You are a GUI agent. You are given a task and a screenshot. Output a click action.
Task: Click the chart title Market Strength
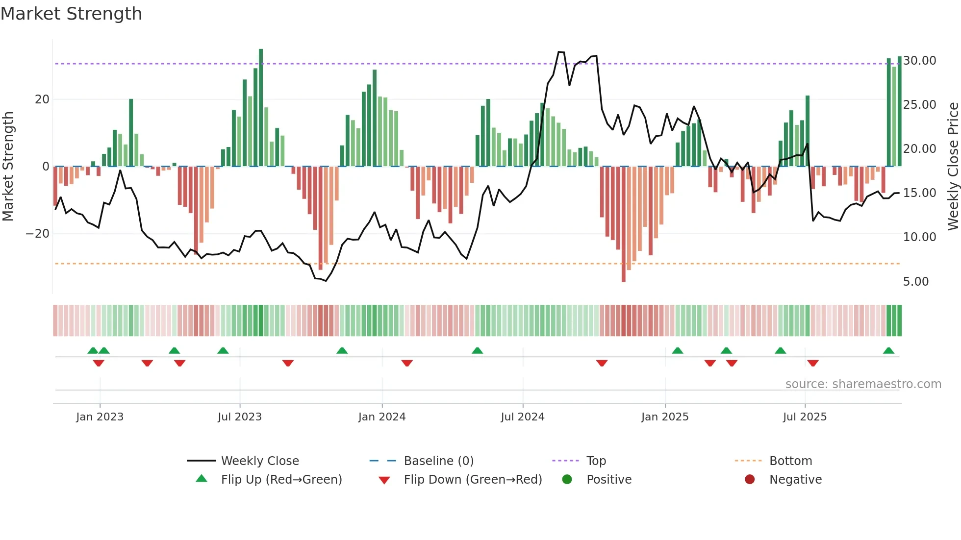(x=71, y=14)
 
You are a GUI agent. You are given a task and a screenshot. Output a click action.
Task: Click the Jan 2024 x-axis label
(x=382, y=417)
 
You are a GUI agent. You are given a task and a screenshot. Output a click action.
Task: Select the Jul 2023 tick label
(x=240, y=417)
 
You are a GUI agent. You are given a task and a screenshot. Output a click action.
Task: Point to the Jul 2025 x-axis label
(x=805, y=417)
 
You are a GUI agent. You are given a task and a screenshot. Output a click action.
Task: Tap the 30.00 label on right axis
(x=919, y=61)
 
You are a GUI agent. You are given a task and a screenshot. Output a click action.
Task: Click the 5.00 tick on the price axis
(x=915, y=282)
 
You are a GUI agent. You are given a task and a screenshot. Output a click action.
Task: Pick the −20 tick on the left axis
(x=38, y=234)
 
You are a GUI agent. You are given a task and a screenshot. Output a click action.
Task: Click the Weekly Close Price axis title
(x=953, y=166)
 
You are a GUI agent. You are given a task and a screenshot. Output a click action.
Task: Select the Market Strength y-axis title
(x=8, y=166)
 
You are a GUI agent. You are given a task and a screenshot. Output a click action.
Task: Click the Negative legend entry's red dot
(x=750, y=479)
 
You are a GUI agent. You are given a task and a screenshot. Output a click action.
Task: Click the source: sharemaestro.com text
(x=863, y=384)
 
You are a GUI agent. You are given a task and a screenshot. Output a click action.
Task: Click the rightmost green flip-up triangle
(x=888, y=351)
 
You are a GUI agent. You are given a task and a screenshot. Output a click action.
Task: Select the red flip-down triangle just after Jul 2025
(x=813, y=363)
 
